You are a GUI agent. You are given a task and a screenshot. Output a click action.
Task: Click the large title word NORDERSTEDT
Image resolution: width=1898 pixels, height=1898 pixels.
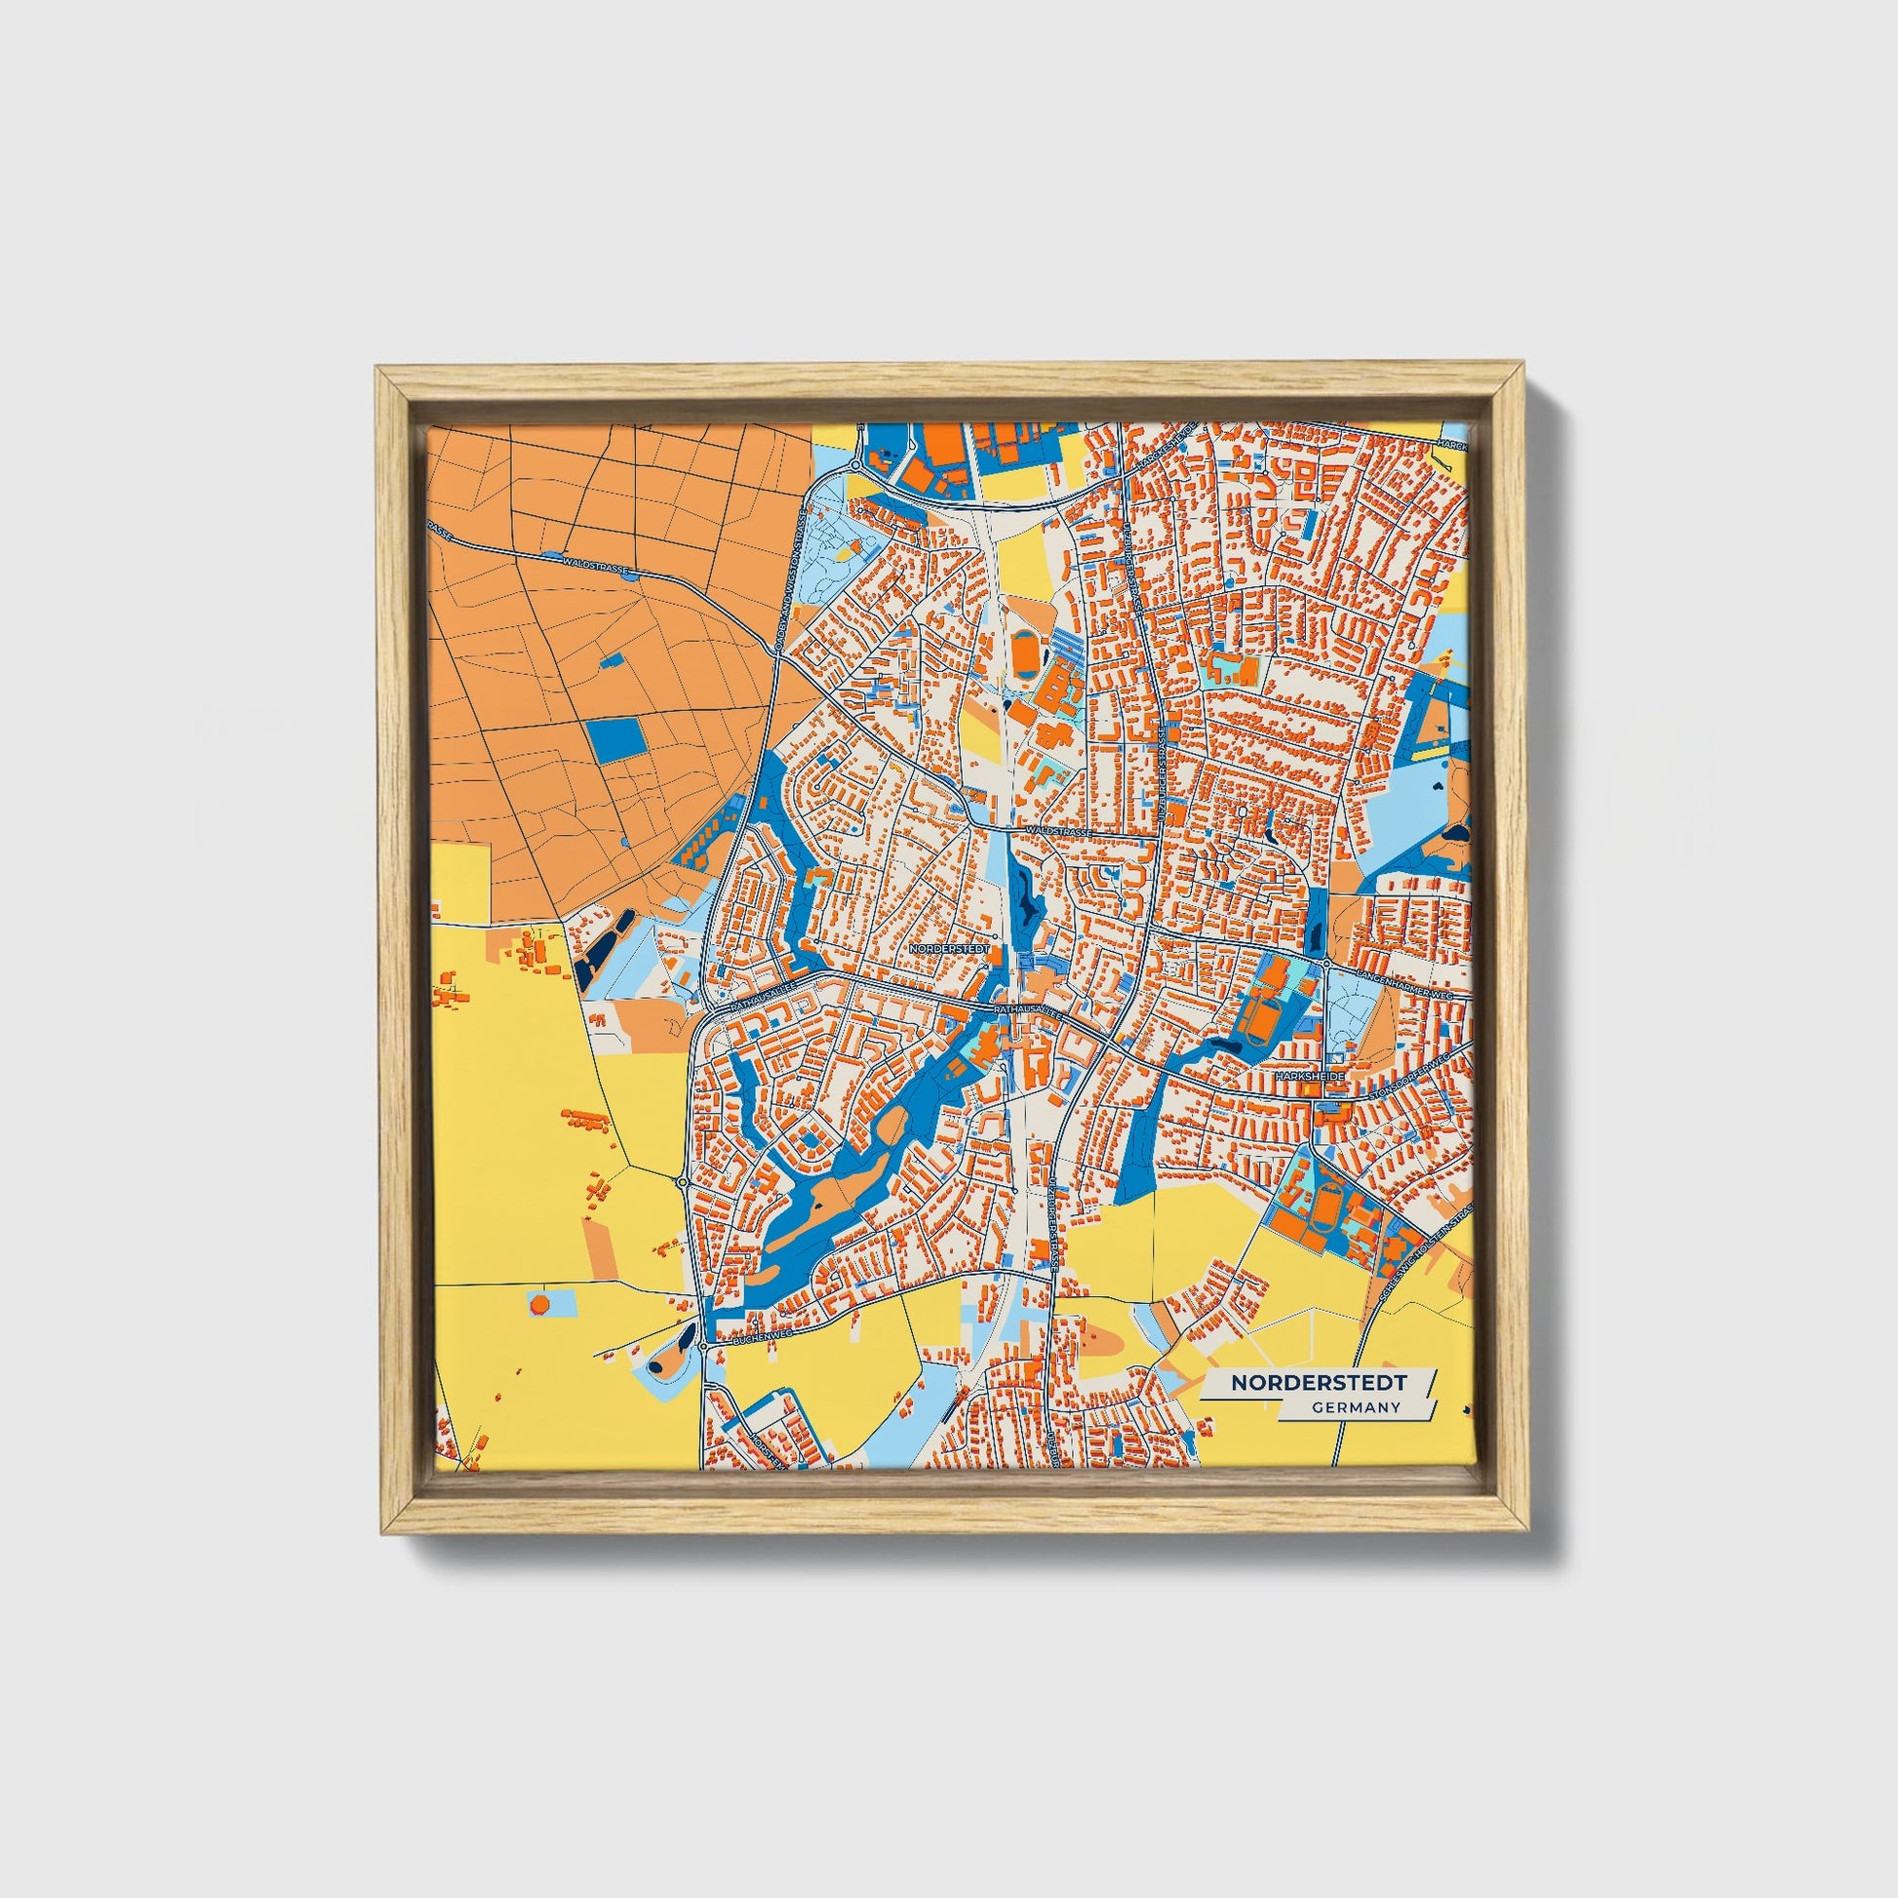point(1318,1382)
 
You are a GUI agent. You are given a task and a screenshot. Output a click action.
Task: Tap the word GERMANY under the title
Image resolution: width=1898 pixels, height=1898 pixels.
point(1355,1407)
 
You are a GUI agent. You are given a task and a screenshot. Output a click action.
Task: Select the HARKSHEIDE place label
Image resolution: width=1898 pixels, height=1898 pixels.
point(1309,1078)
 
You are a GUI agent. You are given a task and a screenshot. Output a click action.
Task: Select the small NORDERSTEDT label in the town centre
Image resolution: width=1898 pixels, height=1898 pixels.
point(947,950)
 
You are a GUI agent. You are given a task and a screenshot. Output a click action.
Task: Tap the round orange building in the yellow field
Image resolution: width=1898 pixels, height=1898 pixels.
point(539,1305)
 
